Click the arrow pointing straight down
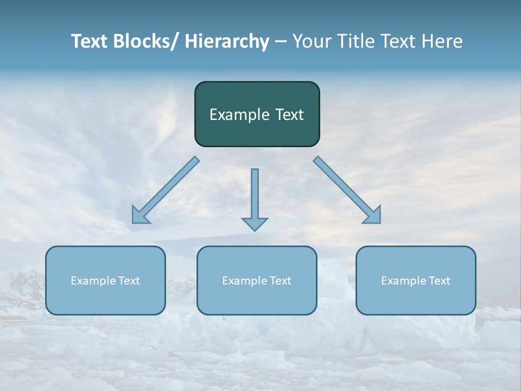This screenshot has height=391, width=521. point(255,198)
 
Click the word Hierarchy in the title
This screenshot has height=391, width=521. point(227,41)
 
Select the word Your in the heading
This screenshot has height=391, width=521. point(312,41)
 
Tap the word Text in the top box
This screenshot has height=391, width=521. point(289,115)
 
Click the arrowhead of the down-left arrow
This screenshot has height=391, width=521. point(139,216)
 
